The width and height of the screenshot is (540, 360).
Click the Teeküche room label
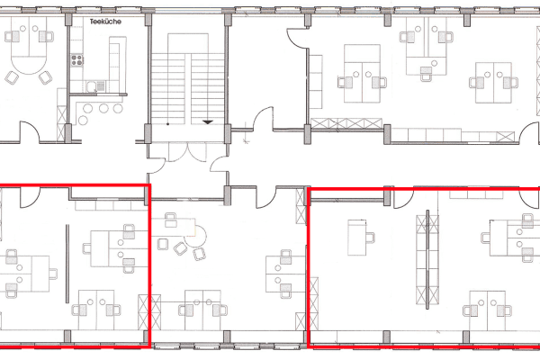pyautogui.click(x=106, y=19)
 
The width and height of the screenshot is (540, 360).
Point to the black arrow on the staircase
pyautogui.click(x=209, y=121)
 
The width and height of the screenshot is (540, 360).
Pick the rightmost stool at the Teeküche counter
pyautogui.click(x=118, y=109)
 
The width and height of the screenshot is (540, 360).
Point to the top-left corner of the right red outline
pyautogui.click(x=310, y=188)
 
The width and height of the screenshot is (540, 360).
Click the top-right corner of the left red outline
pyautogui.click(x=148, y=186)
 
